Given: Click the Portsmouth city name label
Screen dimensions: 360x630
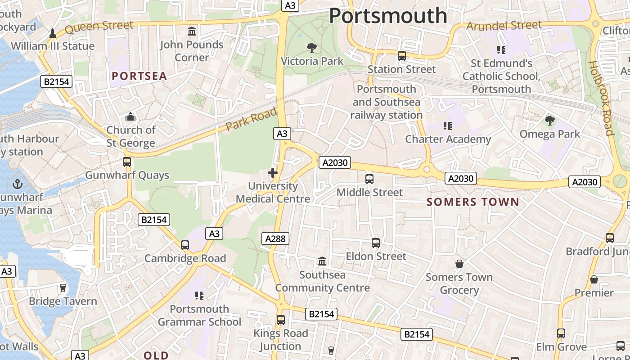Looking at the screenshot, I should [388, 16].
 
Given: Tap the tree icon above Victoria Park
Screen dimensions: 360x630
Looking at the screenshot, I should [311, 48].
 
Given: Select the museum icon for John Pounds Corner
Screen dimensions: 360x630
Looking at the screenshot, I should [192, 31].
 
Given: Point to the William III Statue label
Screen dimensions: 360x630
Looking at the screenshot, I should [53, 46].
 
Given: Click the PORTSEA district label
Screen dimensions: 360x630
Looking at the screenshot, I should [139, 76].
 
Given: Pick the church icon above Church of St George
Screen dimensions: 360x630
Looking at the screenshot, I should [130, 117].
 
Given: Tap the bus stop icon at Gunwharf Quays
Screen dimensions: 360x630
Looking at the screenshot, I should [127, 162].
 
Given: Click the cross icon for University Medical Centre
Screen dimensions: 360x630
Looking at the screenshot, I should [273, 173].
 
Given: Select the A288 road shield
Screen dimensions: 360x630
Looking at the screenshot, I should [275, 238].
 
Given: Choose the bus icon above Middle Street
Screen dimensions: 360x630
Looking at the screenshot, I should [369, 179].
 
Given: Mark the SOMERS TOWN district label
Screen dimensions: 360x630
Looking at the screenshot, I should [473, 202].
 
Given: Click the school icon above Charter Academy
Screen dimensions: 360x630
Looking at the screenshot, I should [447, 126].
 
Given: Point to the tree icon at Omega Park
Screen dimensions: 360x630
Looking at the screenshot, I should [549, 121].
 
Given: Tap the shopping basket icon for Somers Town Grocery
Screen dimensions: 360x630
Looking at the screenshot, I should [459, 264].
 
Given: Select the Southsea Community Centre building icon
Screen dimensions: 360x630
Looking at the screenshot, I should [322, 261].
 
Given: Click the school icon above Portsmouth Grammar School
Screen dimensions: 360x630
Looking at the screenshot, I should [199, 296].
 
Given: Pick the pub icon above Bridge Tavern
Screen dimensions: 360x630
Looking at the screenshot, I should [63, 288].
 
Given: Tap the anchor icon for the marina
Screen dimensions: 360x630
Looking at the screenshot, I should [18, 184].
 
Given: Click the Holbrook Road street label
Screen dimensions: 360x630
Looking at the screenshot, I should [601, 98].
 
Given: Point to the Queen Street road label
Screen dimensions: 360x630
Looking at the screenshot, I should [99, 27].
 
